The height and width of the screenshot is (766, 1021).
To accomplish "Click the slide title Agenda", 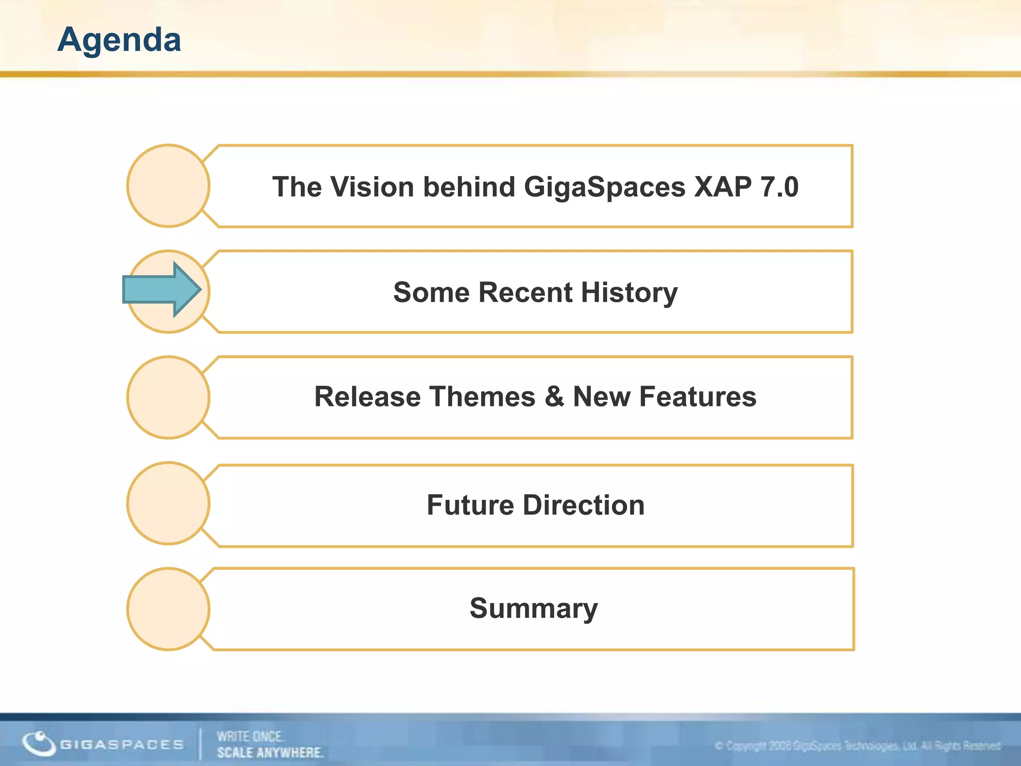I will [119, 40].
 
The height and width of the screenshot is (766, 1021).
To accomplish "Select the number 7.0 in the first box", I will [779, 187].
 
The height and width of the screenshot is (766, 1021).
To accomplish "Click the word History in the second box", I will [629, 293].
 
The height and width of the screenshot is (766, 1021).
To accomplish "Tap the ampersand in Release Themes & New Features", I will [554, 397].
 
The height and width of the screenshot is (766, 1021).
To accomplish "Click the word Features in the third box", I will [697, 397].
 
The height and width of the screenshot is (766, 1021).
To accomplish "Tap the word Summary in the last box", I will [533, 609].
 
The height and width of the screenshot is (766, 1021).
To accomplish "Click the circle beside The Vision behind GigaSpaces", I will [168, 186].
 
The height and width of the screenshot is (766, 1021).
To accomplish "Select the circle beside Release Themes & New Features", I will [168, 397].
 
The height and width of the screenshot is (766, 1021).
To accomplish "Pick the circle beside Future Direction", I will [168, 503].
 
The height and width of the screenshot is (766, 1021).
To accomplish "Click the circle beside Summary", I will [168, 609].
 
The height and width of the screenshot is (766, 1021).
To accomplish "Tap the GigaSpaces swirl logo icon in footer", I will [38, 743].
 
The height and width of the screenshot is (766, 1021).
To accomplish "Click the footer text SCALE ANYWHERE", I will [270, 752].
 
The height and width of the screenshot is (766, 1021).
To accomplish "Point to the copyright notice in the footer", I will [857, 746].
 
